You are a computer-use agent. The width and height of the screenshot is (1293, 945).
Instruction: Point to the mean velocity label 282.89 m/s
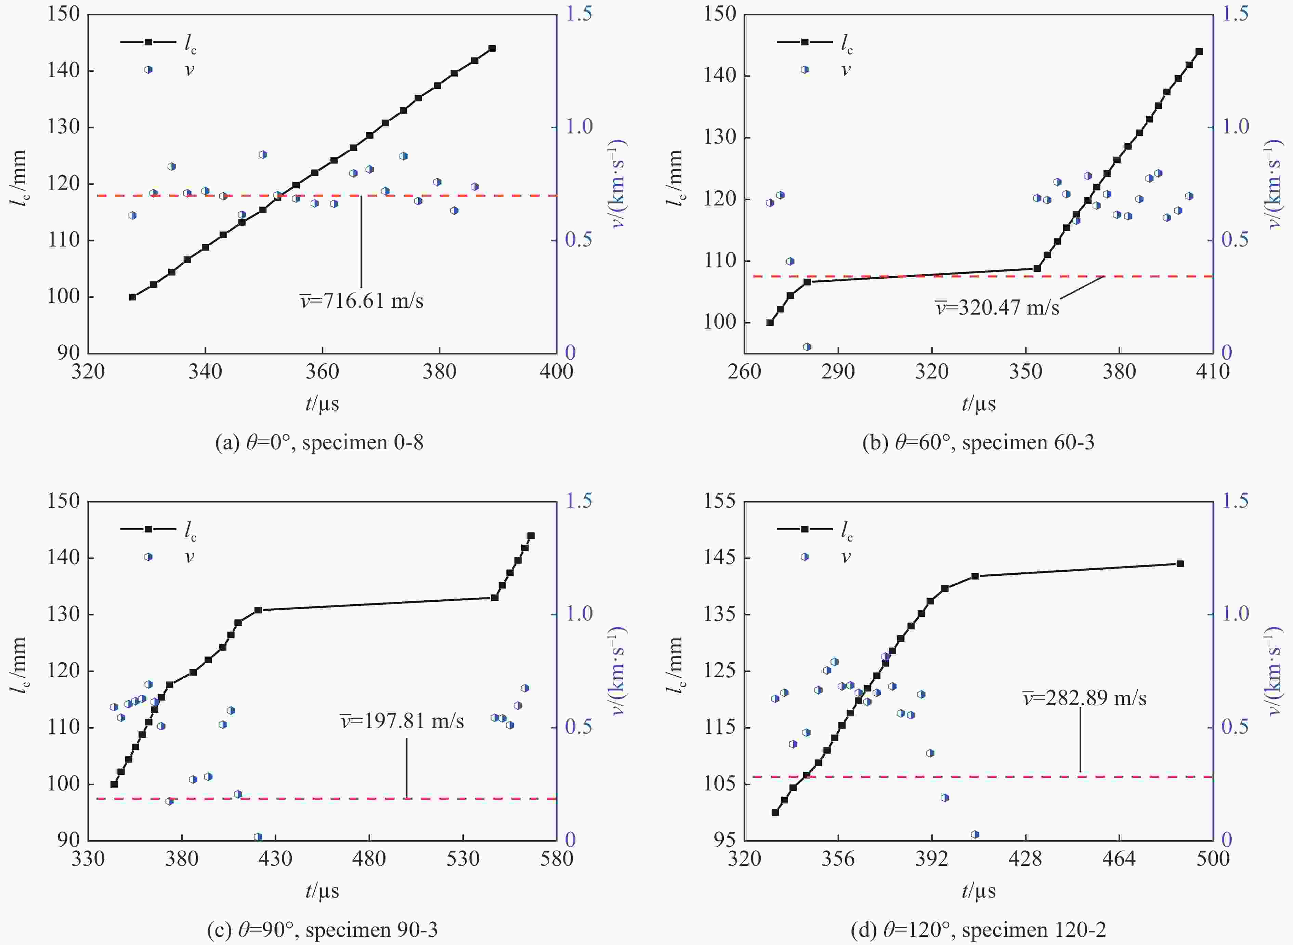tap(1085, 698)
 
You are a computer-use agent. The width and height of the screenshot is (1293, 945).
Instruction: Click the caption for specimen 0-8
tap(319, 442)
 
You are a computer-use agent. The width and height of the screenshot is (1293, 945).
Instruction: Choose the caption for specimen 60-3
tap(978, 442)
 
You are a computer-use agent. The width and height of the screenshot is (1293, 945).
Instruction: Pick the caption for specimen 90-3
tap(322, 930)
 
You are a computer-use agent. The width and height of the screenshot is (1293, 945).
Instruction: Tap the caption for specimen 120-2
tap(978, 930)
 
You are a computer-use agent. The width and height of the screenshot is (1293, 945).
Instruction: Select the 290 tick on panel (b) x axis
tap(838, 372)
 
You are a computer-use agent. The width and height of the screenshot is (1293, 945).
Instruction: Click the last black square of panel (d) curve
tap(1180, 564)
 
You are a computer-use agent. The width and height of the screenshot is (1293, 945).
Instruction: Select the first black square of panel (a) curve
tap(132, 297)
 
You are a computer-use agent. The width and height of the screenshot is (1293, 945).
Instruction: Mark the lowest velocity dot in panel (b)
tap(807, 347)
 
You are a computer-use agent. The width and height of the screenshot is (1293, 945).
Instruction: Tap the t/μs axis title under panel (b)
tap(978, 404)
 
